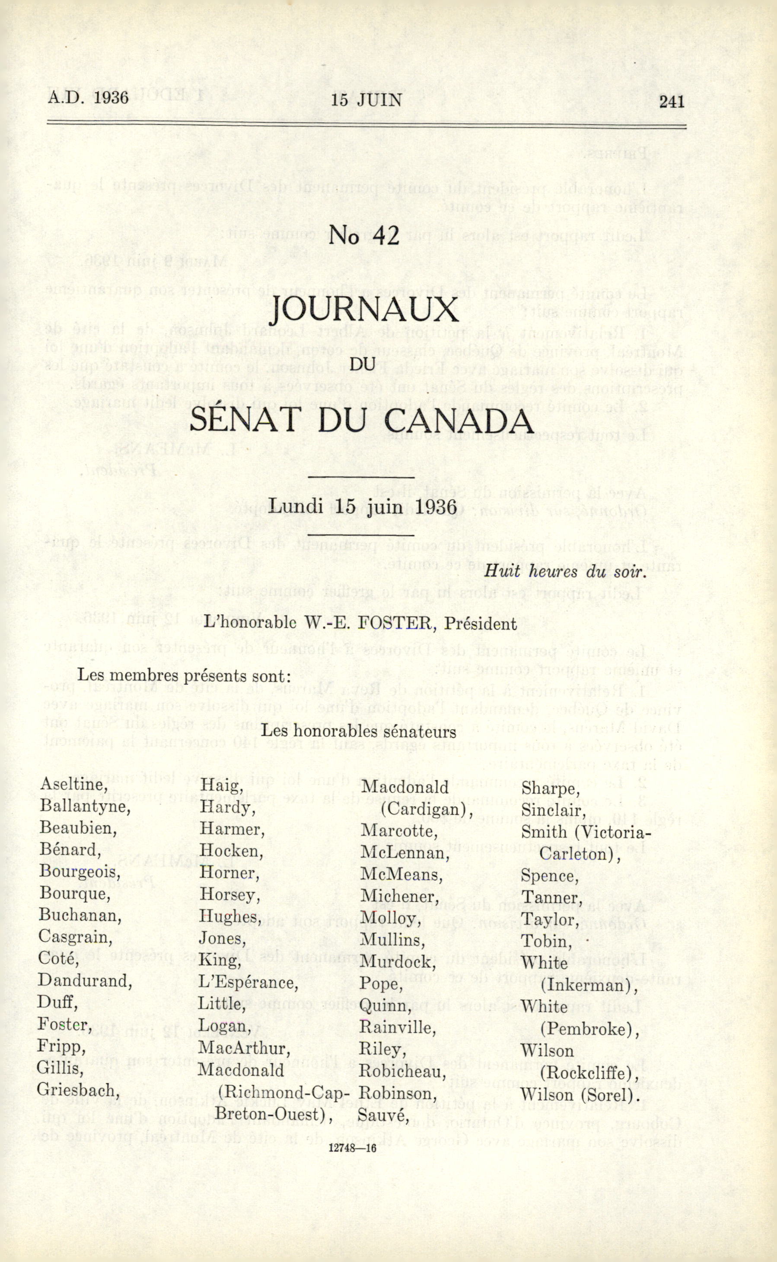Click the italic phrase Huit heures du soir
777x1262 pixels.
tap(564, 572)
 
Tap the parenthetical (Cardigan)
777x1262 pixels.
tap(427, 810)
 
